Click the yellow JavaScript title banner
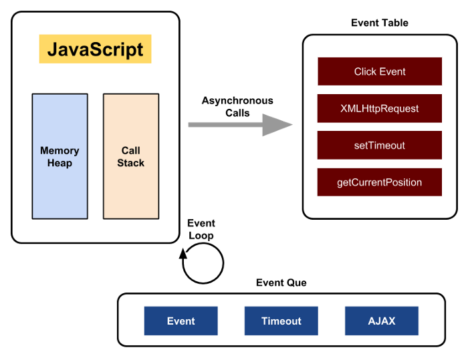[95, 49]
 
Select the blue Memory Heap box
[60, 156]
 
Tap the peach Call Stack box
[131, 156]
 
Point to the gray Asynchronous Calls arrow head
[277, 125]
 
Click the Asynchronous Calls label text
[237, 107]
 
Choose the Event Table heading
[380, 23]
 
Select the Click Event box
[380, 71]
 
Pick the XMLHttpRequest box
[380, 108]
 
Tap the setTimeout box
[380, 145]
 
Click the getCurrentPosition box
[380, 182]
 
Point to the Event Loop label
[201, 229]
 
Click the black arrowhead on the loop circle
[183, 254]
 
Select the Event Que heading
[281, 283]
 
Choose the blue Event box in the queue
[181, 321]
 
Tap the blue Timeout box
[281, 321]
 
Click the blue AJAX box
[382, 321]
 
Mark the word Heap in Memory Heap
[60, 163]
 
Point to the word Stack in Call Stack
[131, 163]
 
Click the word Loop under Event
[201, 236]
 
